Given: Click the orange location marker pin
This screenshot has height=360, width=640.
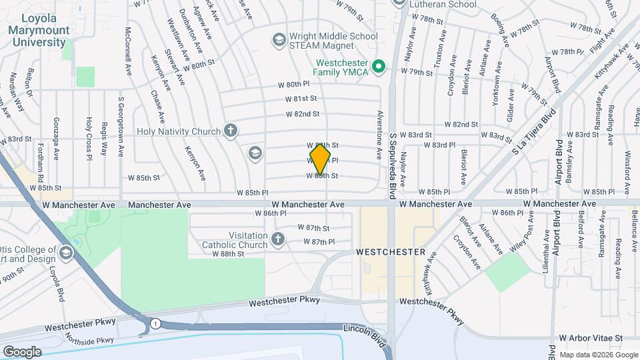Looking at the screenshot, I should [x=321, y=159].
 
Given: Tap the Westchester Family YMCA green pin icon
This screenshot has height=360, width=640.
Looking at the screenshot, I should [x=379, y=66].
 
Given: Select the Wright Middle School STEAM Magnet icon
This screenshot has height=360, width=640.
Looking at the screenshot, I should [x=278, y=40].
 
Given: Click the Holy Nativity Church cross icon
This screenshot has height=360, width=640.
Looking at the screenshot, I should [x=231, y=131].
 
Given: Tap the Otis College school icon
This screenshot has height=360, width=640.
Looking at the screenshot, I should [x=65, y=252].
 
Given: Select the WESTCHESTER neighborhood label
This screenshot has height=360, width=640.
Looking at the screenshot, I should [x=391, y=252].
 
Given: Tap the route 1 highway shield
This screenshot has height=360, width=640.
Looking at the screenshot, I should [x=155, y=323].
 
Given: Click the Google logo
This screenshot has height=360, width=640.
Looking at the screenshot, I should [x=22, y=352].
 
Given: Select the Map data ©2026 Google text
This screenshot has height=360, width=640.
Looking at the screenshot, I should [x=597, y=354].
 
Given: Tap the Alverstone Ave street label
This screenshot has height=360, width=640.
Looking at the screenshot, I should [x=379, y=134].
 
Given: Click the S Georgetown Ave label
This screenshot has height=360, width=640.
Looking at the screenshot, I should [x=121, y=127].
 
